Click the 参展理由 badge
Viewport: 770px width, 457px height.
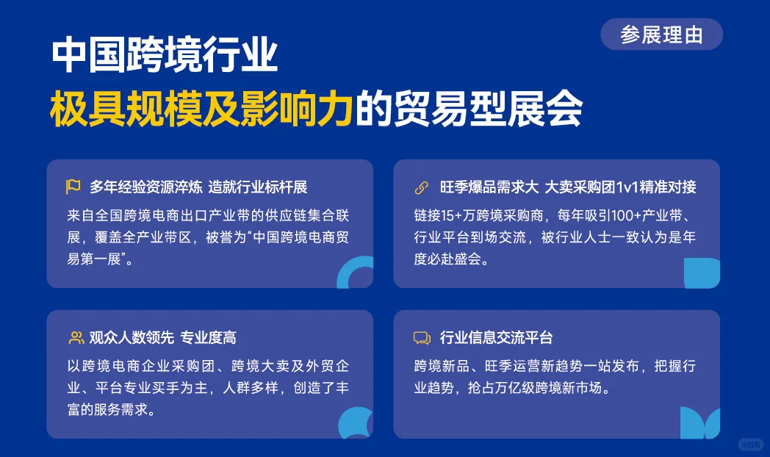661,35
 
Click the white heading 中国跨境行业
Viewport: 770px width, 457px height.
165,57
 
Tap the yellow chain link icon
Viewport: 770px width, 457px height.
422,187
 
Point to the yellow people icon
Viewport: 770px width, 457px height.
76,338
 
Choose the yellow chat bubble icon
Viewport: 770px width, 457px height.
422,338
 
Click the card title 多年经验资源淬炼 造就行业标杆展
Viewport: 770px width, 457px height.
198,187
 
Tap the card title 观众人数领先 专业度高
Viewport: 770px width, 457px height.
162,338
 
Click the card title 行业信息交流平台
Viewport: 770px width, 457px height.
496,338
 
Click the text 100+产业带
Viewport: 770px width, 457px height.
643,215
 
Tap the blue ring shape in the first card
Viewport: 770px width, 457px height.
357,274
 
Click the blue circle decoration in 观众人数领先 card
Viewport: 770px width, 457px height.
356,423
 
